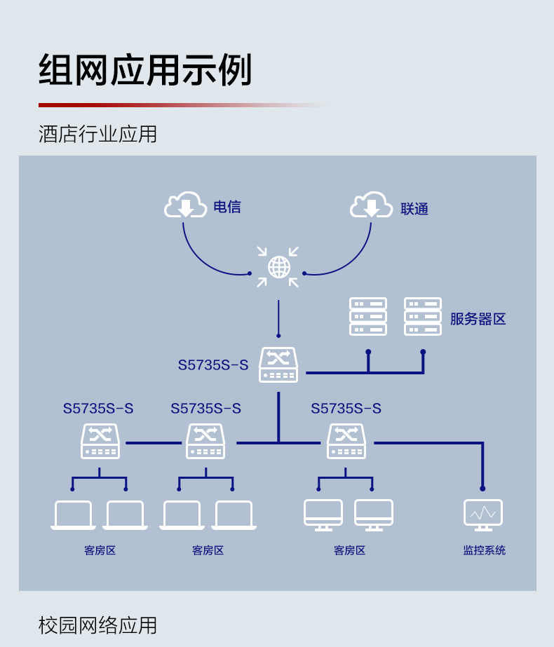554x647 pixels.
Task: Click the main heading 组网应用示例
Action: pos(145,71)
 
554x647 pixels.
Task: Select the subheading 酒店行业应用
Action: pos(97,134)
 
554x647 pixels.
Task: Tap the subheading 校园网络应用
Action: pos(97,625)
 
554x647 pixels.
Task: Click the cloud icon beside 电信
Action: pos(185,205)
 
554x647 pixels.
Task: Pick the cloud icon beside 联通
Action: pos(371,205)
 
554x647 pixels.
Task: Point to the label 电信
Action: pos(227,207)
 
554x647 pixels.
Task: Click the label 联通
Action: pos(414,209)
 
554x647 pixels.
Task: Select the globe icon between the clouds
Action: pos(278,267)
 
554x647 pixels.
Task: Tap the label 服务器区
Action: pos(478,320)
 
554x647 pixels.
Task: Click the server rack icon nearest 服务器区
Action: pos(422,317)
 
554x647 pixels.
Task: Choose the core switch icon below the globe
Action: pos(278,365)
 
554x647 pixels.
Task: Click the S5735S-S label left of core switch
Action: pos(213,365)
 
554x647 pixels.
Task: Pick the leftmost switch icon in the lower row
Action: pos(100,442)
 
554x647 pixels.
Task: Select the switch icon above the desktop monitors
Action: pos(346,442)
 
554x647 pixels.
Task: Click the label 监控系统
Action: pos(484,550)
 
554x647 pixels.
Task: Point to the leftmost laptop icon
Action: pos(74,515)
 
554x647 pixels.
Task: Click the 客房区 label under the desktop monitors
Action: pos(349,550)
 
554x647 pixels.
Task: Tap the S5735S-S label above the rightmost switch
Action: pos(346,409)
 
